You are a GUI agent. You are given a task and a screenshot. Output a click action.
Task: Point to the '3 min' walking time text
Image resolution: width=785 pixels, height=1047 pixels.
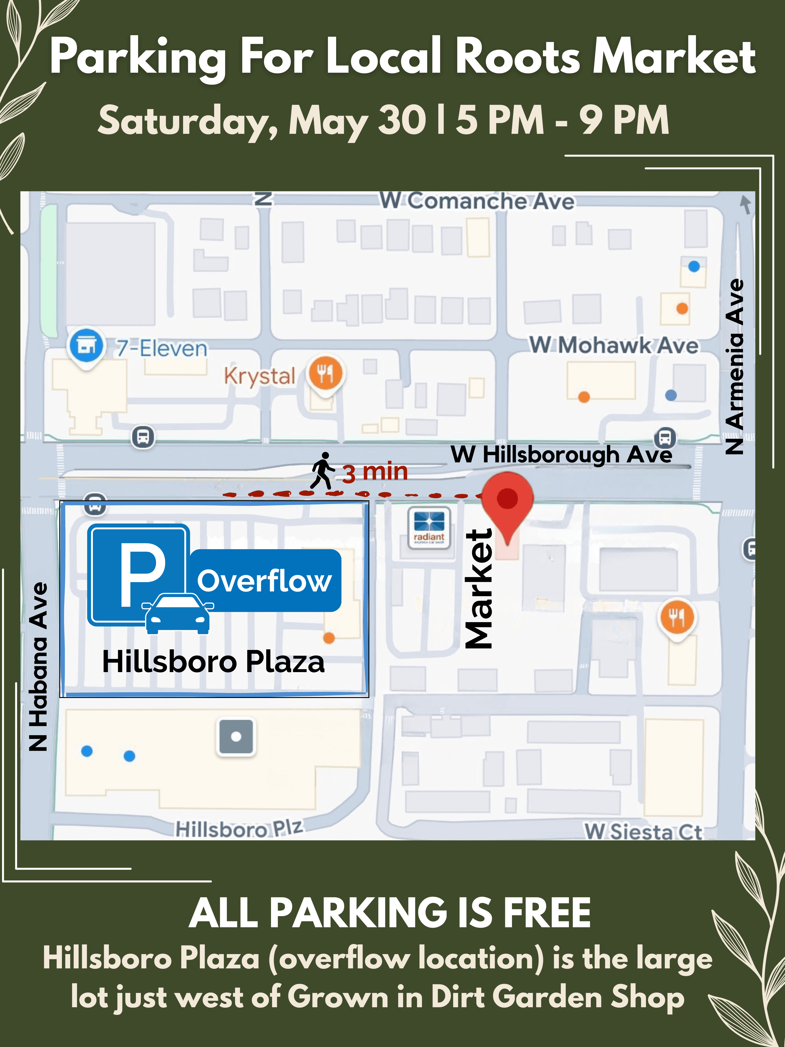click(375, 472)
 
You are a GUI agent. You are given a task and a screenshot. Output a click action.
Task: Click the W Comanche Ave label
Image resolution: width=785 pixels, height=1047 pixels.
click(477, 201)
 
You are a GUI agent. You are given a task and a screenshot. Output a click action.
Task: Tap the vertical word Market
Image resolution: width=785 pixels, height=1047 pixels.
click(479, 588)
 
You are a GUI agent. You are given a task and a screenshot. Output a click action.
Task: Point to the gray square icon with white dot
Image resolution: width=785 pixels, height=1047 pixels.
click(236, 736)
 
